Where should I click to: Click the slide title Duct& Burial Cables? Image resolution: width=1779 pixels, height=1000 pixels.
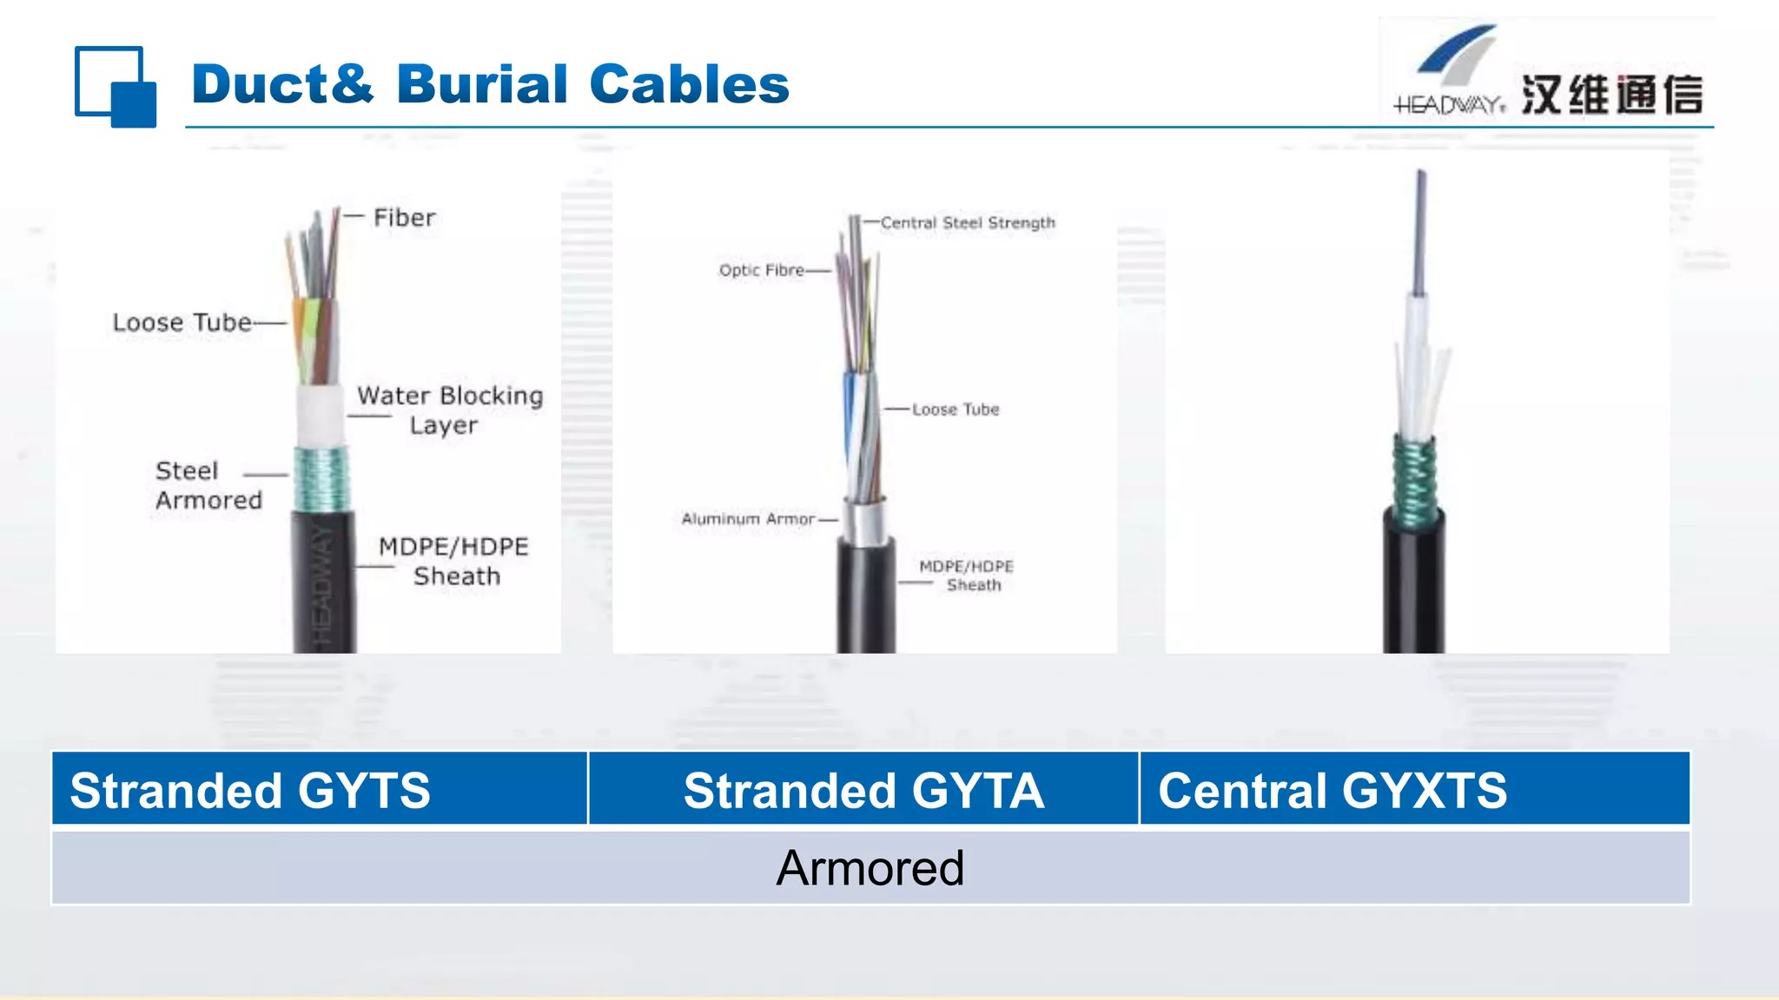[x=490, y=84]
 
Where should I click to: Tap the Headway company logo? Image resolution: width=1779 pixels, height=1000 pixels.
[x=1546, y=73]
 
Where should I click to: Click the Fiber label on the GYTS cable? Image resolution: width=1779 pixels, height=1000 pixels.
[x=404, y=217]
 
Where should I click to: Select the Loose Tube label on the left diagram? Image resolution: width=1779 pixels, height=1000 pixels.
[x=182, y=322]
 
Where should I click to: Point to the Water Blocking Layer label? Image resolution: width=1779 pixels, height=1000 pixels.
[x=450, y=410]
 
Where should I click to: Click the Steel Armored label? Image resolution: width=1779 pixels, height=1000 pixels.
[x=208, y=485]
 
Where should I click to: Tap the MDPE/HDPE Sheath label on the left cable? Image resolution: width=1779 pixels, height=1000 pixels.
[x=454, y=561]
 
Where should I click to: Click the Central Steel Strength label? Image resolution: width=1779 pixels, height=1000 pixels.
[x=968, y=223]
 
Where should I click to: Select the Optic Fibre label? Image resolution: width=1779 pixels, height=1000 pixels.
[x=762, y=270]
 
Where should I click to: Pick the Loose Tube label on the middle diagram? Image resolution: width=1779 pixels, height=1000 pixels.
[x=956, y=409]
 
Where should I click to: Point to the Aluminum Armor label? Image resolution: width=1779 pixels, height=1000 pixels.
[x=748, y=519]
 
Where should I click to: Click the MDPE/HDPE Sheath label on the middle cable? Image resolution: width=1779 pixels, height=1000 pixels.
[x=967, y=576]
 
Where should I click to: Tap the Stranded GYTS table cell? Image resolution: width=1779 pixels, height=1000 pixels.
[x=250, y=790]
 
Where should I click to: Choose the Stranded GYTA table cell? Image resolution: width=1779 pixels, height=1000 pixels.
[x=863, y=790]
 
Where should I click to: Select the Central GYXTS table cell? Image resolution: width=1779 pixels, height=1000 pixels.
[x=1333, y=790]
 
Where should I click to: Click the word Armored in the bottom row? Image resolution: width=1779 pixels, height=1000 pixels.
[x=870, y=868]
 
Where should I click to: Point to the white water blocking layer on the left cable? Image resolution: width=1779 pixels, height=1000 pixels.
[x=320, y=417]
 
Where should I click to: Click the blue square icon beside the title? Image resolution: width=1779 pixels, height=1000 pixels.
[x=116, y=87]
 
